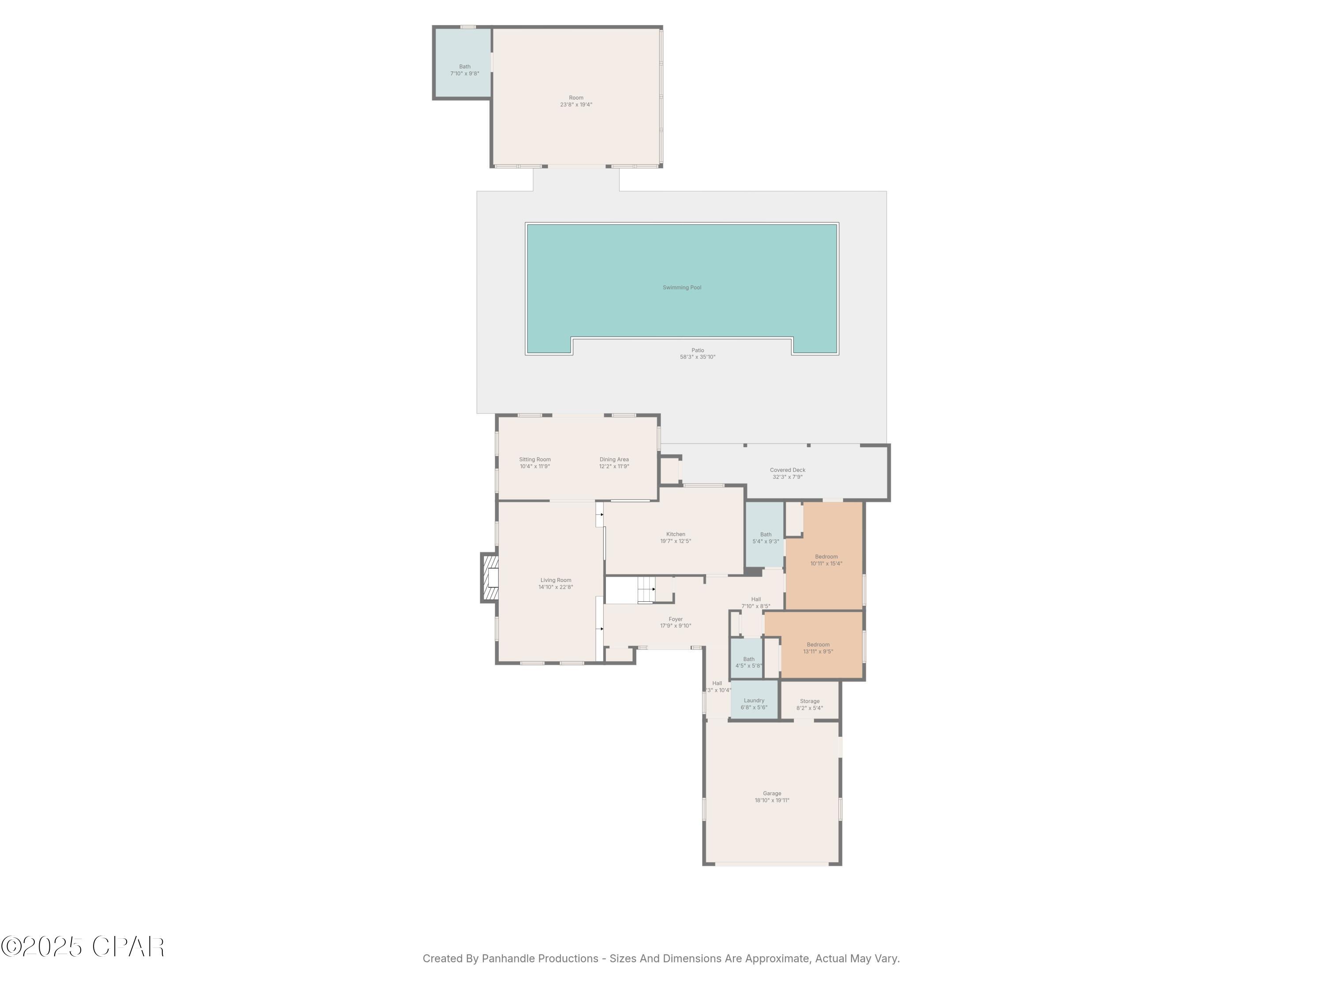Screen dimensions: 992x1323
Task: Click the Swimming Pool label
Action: coord(681,287)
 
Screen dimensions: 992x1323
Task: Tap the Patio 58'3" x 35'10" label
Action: coord(697,354)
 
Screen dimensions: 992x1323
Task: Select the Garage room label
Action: coord(772,797)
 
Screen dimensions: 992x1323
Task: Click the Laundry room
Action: coord(754,704)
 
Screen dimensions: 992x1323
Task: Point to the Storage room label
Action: coord(809,705)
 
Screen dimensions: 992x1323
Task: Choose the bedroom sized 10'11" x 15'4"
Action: coord(826,559)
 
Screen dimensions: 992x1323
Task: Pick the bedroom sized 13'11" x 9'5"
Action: coord(818,648)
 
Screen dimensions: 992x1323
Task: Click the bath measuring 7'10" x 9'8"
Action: coord(465,70)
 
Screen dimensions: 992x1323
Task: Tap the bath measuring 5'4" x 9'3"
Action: coord(766,538)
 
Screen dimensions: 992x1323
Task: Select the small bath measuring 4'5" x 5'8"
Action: coord(748,662)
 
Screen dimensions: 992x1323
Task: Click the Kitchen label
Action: coord(675,537)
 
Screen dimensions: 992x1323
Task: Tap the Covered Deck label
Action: coord(787,474)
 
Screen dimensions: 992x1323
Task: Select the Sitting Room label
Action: coord(534,463)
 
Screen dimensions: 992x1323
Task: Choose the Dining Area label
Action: coord(614,463)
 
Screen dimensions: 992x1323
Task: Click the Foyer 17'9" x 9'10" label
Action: coord(675,623)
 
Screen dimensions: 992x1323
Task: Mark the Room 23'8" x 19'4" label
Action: coord(576,101)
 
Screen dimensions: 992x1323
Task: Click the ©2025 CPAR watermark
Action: coord(82,947)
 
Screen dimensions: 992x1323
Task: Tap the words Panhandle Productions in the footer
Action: coord(539,958)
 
